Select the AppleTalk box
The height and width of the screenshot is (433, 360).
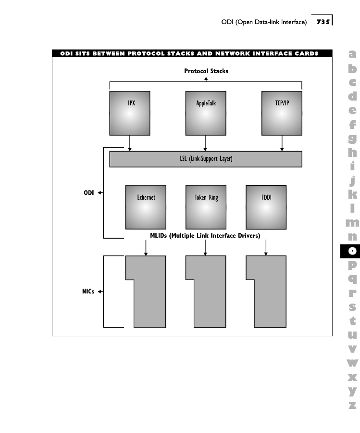206,113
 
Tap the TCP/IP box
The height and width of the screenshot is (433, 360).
282,113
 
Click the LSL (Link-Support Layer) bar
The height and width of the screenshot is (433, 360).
206,159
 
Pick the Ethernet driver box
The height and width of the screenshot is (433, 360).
146,207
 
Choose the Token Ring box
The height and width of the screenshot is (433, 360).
206,207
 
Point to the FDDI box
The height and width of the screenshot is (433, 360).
266,207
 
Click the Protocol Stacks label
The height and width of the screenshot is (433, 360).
206,71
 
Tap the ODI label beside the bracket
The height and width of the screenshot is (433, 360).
88,192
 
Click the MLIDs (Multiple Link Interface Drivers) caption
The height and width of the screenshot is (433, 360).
205,236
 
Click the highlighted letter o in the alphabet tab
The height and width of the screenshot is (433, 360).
353,251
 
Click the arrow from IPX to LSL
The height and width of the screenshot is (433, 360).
130,143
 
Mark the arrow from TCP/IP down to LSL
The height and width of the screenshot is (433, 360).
282,143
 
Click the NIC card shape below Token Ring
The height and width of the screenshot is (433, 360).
206,292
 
